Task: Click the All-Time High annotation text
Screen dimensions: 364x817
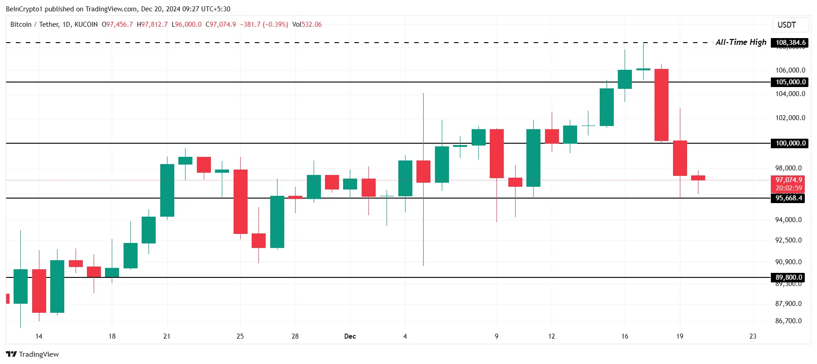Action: tap(741, 42)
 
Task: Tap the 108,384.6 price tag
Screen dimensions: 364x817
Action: tap(790, 43)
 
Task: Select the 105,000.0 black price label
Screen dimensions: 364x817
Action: tap(790, 82)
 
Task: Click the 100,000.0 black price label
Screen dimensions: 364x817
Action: tap(790, 143)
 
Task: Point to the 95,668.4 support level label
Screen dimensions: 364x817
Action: tap(788, 198)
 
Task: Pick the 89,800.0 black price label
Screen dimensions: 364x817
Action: tap(788, 277)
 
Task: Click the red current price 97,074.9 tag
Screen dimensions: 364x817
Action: tap(788, 180)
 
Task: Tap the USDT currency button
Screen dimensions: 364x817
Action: tap(786, 25)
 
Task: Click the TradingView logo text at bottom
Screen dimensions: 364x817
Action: tap(33, 354)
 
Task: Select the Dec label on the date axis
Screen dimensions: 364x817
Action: tap(350, 336)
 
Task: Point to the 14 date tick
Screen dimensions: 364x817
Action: tap(39, 336)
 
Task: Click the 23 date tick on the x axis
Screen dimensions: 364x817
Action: tap(753, 336)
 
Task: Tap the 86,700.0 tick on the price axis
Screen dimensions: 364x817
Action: tap(788, 321)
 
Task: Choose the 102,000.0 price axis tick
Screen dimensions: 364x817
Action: tap(790, 118)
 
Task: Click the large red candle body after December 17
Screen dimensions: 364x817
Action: tap(661, 105)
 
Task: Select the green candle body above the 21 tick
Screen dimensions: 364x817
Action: tap(167, 190)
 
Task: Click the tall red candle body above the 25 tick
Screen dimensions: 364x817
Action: tap(240, 202)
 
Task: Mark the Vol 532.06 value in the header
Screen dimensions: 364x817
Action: tap(307, 24)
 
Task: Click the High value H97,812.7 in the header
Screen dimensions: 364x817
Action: tap(152, 24)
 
